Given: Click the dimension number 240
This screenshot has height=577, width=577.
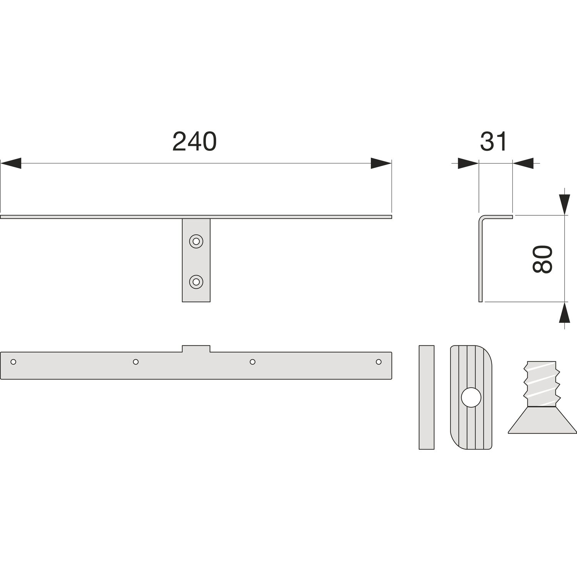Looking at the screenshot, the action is (x=195, y=142).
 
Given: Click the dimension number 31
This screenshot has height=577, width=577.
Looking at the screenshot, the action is (x=494, y=142).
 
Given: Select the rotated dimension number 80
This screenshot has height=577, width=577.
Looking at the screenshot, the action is (x=542, y=259).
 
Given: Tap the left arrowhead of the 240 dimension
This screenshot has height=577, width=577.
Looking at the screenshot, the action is (x=11, y=163).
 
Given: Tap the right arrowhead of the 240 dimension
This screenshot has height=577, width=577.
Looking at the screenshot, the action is (x=381, y=163).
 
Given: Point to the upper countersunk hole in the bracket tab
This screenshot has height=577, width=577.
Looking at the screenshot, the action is (x=196, y=241).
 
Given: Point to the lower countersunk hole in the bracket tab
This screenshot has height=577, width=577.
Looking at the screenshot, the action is (x=196, y=282).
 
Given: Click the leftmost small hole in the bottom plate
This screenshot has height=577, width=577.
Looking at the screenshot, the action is (x=13, y=362).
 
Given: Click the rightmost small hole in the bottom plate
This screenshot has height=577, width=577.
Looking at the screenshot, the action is (x=379, y=362).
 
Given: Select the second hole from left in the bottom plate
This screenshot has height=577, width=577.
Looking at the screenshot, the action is (x=135, y=362).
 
